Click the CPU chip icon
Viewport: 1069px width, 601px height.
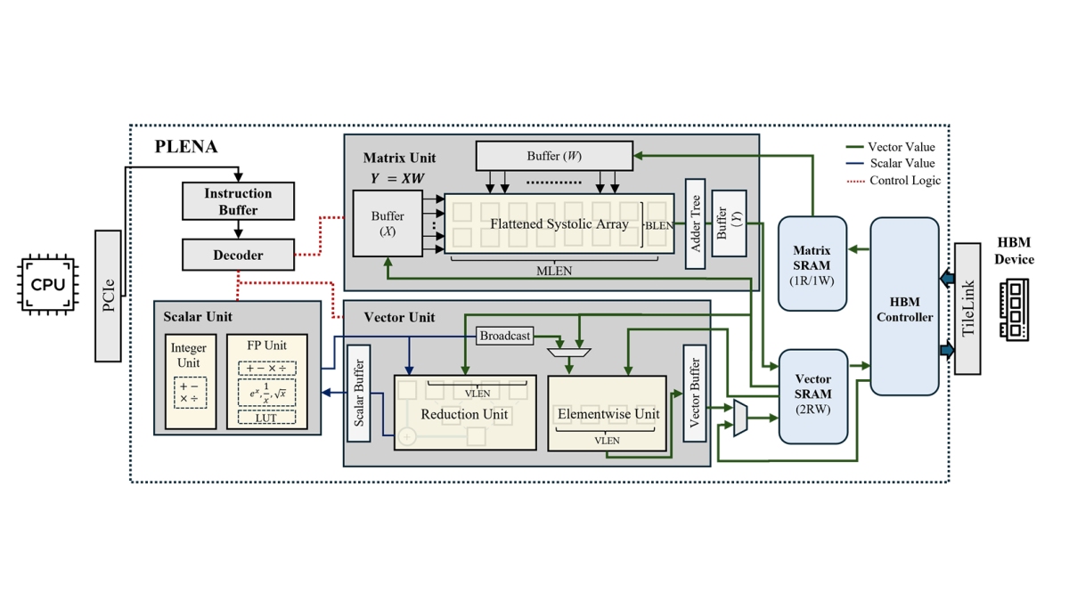[48, 285]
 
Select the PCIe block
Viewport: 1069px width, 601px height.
[108, 296]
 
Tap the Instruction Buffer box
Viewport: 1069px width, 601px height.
[238, 201]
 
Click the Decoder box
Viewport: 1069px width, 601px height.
[238, 255]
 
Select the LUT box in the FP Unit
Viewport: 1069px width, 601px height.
[266, 418]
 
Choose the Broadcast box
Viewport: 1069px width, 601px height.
[505, 336]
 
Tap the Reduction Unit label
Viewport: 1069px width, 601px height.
[464, 414]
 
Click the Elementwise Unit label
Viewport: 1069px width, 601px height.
[608, 414]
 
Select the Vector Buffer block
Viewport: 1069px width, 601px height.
[694, 394]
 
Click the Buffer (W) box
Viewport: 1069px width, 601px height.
[554, 156]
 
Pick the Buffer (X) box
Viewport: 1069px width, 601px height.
[388, 223]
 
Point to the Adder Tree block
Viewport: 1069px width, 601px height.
[695, 223]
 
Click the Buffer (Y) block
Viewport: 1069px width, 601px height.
[729, 223]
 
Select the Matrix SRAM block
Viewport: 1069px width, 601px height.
[812, 264]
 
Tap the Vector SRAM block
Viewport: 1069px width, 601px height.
[812, 396]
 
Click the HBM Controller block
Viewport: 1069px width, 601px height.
[904, 306]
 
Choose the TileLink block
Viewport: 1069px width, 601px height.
[968, 308]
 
